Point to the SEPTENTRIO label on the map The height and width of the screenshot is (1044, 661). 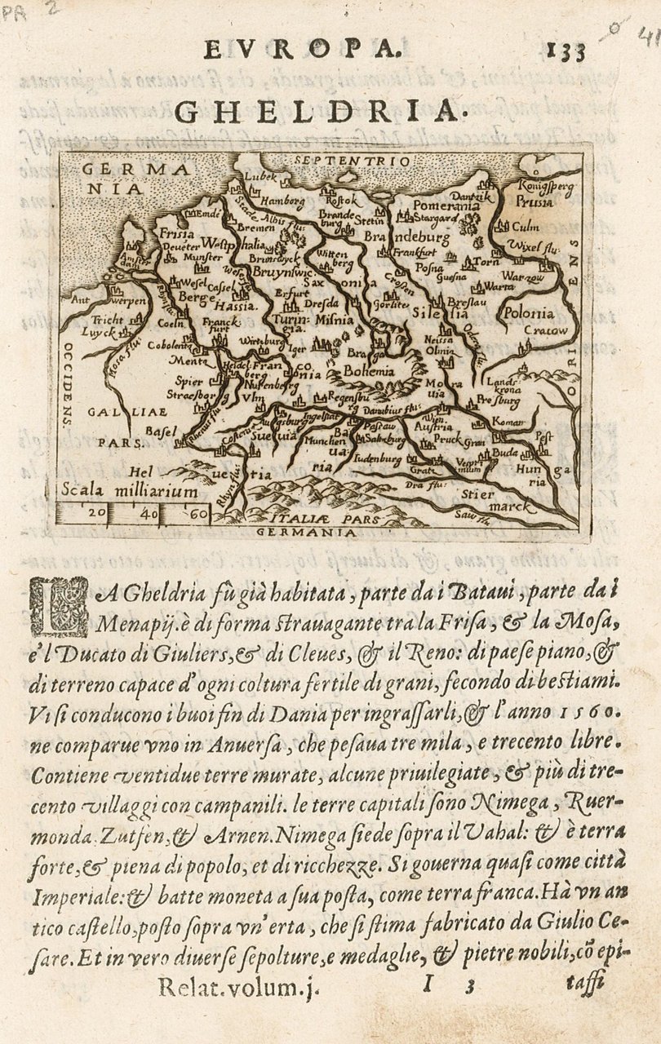point(353,161)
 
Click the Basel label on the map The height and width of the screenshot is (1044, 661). point(155,430)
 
